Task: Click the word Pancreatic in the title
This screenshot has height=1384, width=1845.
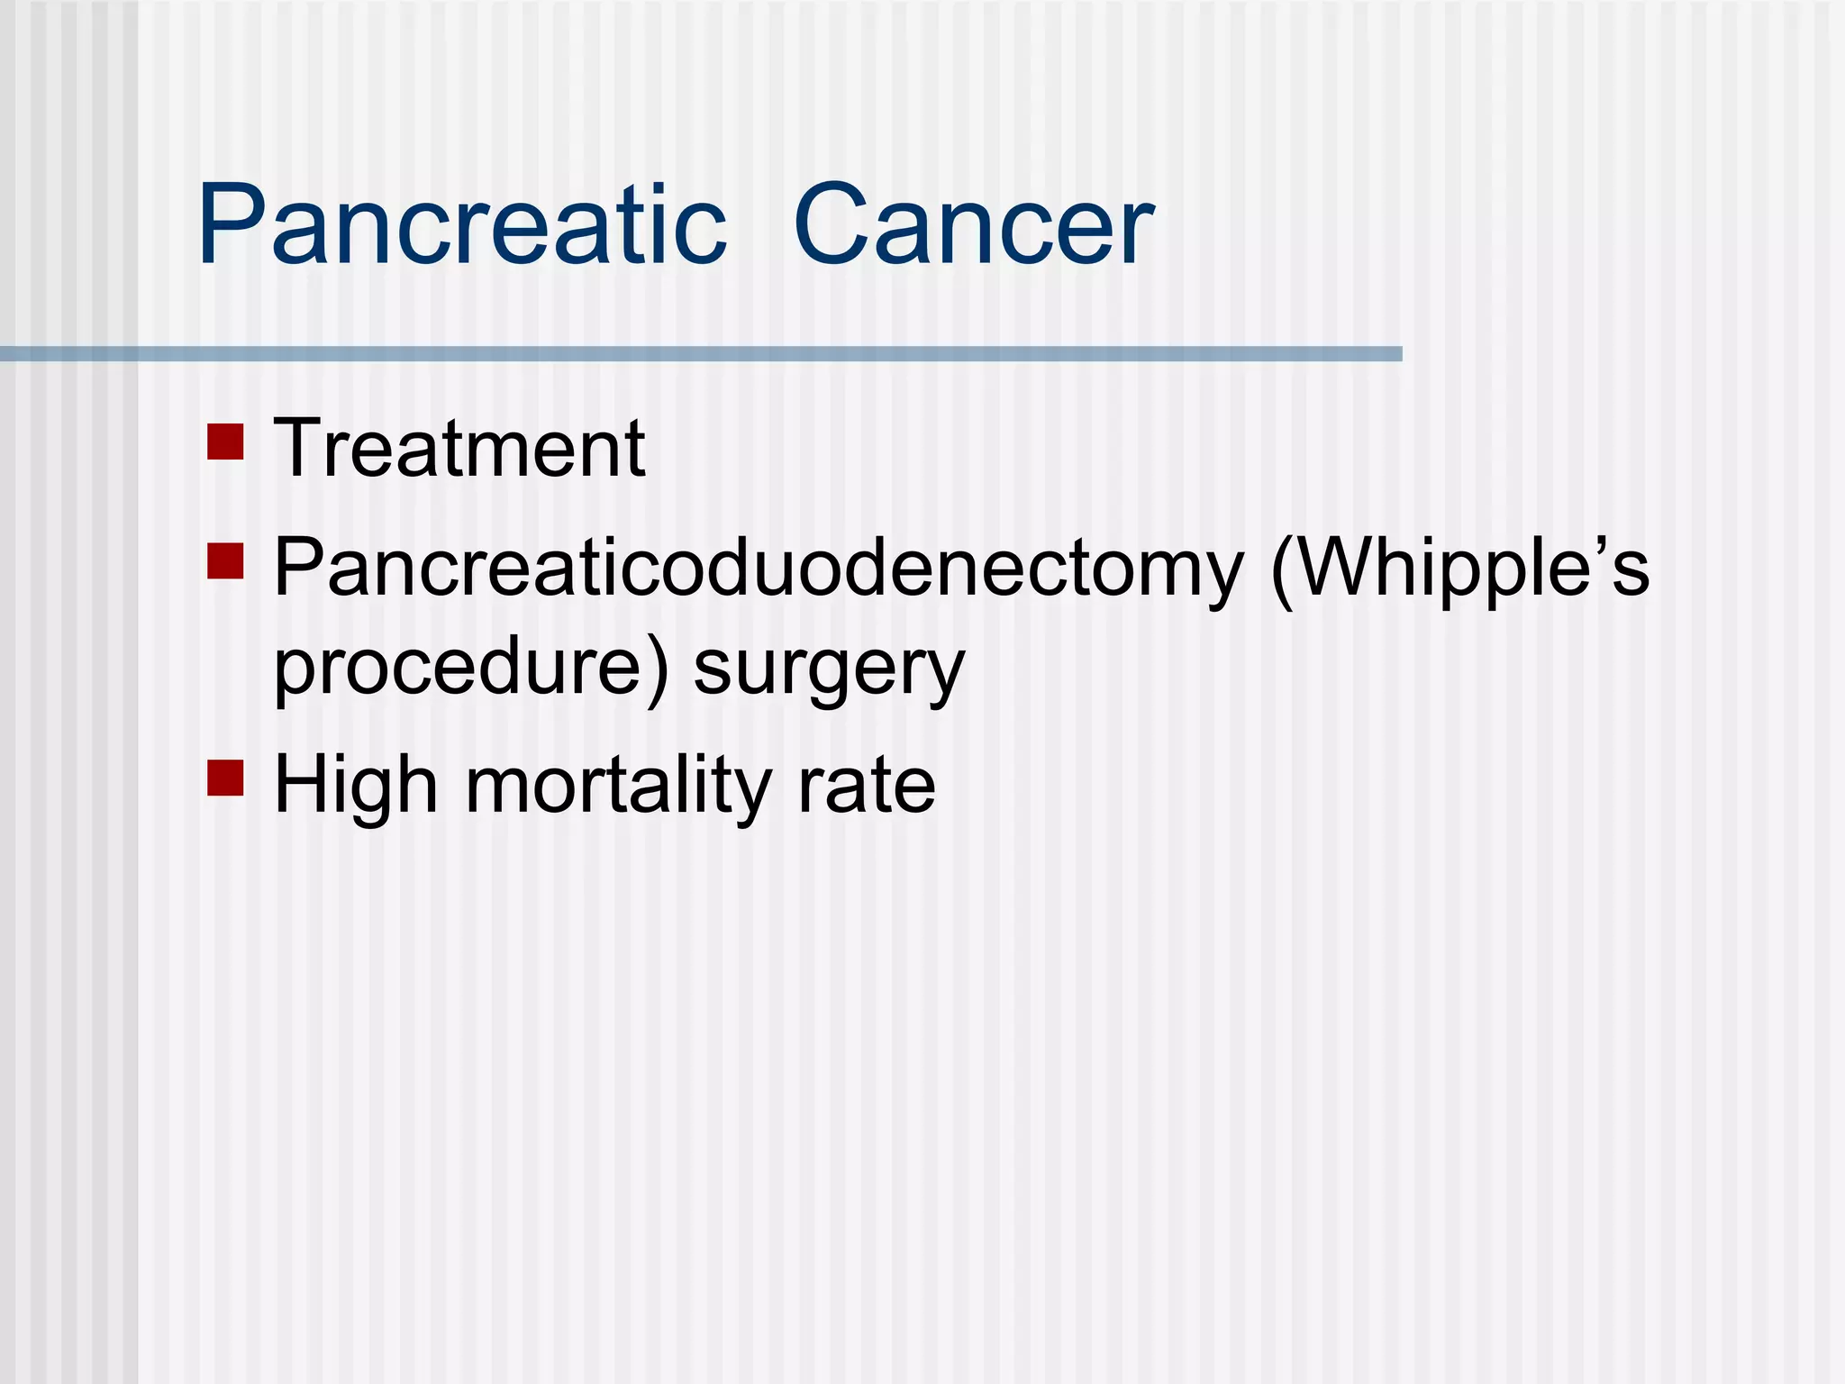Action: pyautogui.click(x=461, y=225)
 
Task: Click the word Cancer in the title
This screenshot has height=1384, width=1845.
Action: pyautogui.click(x=973, y=225)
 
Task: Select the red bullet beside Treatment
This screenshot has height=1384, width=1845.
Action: pyautogui.click(x=225, y=442)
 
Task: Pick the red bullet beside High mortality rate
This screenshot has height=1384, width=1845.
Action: pyautogui.click(x=225, y=778)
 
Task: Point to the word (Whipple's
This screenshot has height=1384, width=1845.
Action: pyautogui.click(x=1459, y=569)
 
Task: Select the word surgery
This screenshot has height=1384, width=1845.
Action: pyautogui.click(x=829, y=671)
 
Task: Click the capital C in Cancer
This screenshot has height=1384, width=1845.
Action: pyautogui.click(x=833, y=225)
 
